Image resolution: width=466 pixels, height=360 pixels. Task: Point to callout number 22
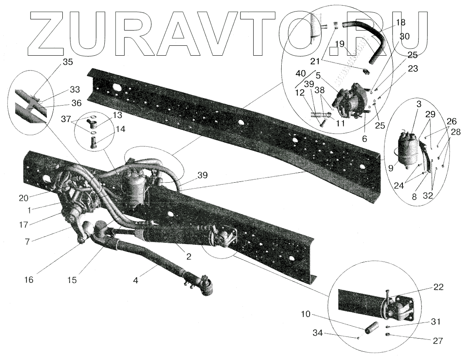(438, 287)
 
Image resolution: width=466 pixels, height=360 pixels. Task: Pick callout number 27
(438, 341)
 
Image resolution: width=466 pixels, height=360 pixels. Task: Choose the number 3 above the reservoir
(418, 104)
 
